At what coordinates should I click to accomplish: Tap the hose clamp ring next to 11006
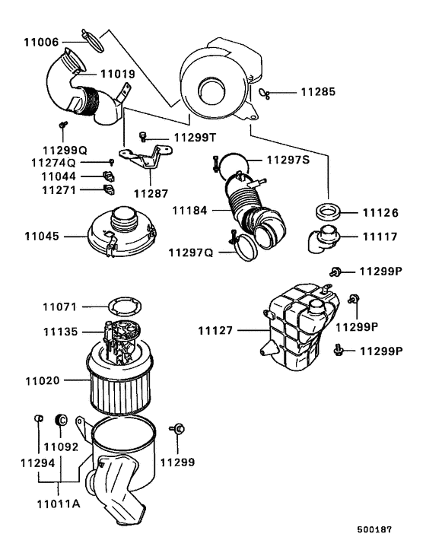pyautogui.click(x=93, y=40)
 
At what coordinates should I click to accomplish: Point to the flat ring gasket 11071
pyautogui.click(x=124, y=309)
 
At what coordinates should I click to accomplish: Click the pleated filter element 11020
pyautogui.click(x=122, y=380)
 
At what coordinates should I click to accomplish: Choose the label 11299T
pyautogui.click(x=194, y=137)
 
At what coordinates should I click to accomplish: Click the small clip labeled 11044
pyautogui.click(x=107, y=176)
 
